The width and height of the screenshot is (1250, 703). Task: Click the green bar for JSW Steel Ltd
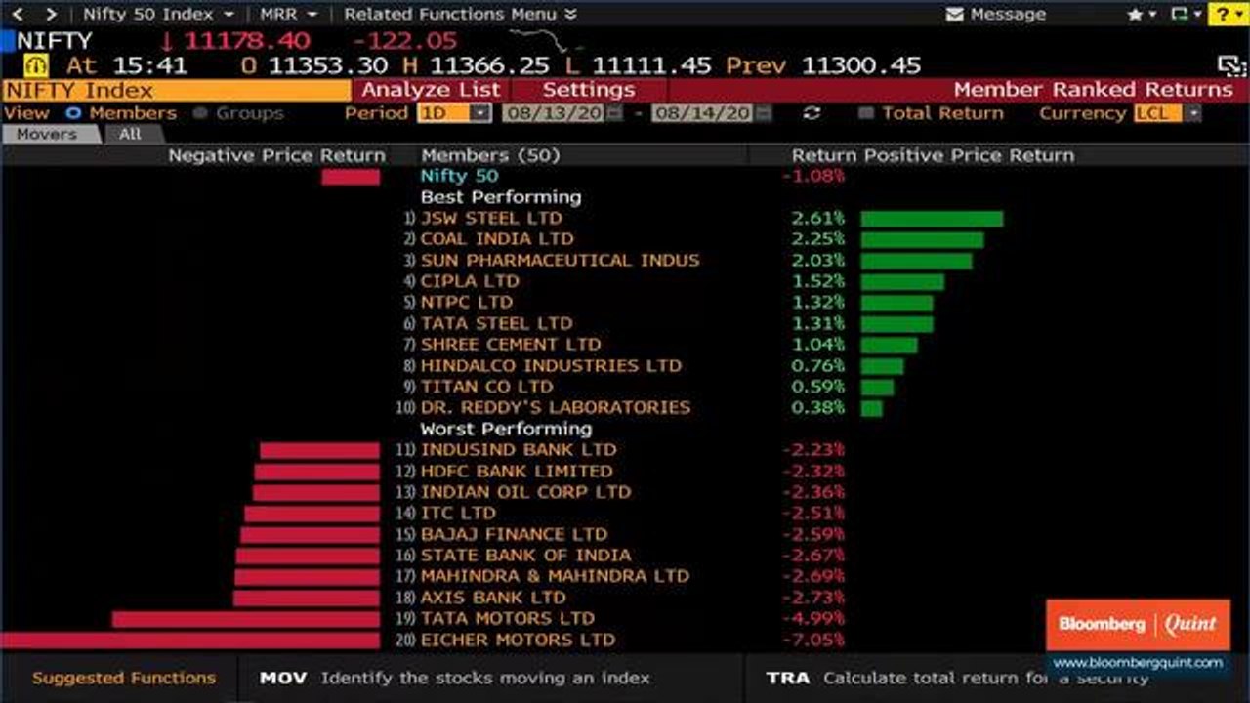click(932, 219)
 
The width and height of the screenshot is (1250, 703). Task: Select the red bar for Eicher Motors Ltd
click(189, 640)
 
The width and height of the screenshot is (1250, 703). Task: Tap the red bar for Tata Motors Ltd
click(246, 619)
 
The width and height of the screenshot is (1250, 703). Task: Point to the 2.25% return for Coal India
click(817, 239)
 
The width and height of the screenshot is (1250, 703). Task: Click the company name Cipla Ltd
click(470, 281)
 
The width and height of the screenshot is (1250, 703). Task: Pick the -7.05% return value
click(813, 640)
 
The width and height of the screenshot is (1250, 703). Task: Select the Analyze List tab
click(431, 90)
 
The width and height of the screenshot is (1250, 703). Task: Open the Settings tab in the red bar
click(589, 90)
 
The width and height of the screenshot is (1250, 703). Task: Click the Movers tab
click(47, 134)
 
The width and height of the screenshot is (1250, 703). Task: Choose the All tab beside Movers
click(130, 134)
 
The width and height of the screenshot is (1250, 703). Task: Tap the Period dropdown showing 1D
click(454, 114)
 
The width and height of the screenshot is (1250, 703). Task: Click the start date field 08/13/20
click(562, 114)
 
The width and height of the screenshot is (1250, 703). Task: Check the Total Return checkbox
click(865, 113)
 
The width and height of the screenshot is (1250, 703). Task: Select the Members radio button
click(73, 113)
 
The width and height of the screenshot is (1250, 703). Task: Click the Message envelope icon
click(954, 14)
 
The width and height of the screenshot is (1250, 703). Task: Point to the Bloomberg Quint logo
click(1138, 624)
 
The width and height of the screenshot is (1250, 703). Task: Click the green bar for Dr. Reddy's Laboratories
click(872, 408)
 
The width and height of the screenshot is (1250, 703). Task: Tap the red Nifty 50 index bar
click(351, 178)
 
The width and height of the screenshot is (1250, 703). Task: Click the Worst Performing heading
click(506, 429)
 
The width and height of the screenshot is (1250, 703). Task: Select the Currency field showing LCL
click(1166, 114)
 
